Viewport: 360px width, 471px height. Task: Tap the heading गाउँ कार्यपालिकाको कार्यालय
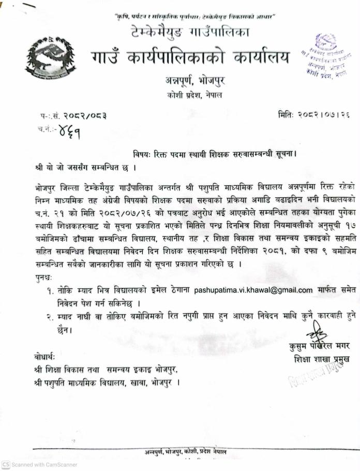pyautogui.click(x=191, y=57)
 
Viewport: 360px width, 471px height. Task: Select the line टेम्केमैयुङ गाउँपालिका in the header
pyautogui.click(x=190, y=33)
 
